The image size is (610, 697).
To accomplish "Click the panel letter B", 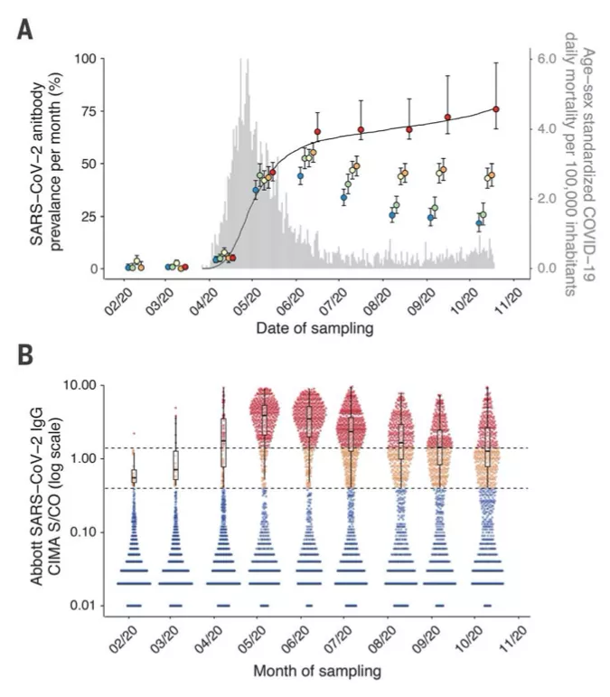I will [26, 355].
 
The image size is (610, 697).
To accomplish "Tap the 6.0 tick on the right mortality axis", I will [545, 59].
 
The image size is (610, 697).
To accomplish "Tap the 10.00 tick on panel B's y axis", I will [91, 385].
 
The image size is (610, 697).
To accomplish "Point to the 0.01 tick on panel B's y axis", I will [94, 605].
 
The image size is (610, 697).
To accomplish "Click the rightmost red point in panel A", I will [496, 109].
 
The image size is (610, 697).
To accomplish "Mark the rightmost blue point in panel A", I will [479, 222].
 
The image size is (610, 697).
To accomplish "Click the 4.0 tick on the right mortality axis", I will [545, 128].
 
